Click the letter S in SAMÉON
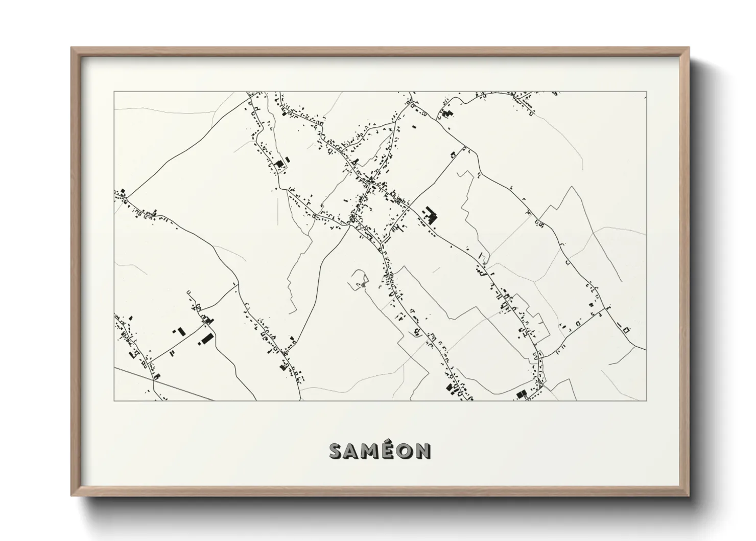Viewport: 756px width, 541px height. point(337,451)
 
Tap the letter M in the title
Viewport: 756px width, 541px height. point(371,451)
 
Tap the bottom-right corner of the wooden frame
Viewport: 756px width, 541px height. point(689,495)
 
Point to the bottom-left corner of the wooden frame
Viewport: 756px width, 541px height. point(72,495)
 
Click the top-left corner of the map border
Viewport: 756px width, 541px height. point(114,92)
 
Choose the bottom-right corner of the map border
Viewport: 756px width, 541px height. point(646,400)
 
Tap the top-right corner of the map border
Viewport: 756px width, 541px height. point(646,92)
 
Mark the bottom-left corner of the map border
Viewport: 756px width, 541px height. point(114,400)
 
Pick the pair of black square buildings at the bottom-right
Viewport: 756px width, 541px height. point(522,394)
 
